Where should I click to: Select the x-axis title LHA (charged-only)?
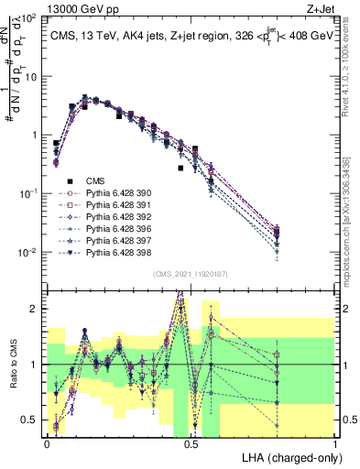(290, 456)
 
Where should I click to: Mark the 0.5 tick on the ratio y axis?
(30, 420)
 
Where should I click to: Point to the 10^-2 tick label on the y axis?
(30, 252)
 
